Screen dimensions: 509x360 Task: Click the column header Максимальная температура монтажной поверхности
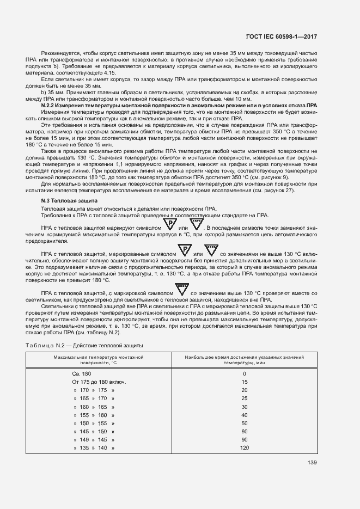pos(99,359)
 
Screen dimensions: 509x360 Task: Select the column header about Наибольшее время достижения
pos(244,359)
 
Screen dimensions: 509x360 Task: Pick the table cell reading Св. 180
pos(81,374)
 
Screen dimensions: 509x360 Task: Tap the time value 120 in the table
pos(244,447)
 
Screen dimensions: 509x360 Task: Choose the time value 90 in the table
pos(244,439)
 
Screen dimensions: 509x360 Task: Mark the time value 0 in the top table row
pos(244,374)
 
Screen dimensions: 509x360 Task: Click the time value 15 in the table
pos(244,382)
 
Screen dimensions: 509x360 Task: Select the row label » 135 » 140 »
pos(94,447)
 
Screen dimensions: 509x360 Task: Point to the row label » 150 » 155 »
pos(94,423)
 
